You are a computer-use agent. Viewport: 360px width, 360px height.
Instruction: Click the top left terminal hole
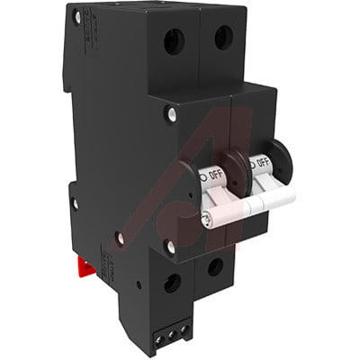coord(175,40)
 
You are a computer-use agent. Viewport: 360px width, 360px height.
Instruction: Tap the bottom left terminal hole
coord(172,282)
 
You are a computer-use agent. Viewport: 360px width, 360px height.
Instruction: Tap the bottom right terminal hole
coord(215,267)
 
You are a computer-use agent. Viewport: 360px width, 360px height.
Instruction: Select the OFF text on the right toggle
coord(263,163)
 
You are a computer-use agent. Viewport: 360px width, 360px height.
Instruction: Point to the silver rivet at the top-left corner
coord(77,16)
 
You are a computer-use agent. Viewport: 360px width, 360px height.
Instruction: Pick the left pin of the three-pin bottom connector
coord(150,341)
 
